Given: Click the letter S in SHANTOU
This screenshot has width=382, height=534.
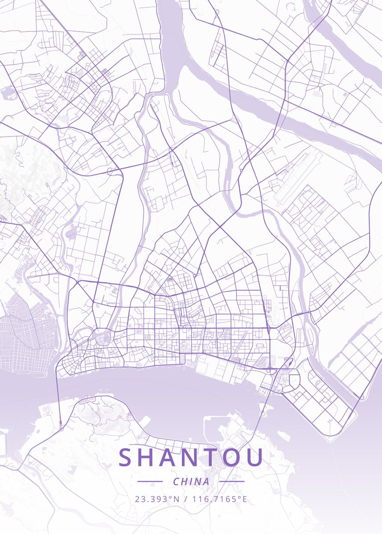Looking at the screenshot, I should [127, 457].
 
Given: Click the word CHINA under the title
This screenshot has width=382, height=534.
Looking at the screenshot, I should [191, 481].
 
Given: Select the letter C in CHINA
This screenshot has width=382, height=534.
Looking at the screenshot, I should [176, 481].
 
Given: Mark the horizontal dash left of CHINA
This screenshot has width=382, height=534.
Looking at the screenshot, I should [150, 481].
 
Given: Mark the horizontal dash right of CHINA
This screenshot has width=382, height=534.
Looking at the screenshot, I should [232, 481].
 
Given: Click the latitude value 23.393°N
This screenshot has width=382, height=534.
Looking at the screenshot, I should [157, 499].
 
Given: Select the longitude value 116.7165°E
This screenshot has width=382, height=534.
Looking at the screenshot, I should [219, 499].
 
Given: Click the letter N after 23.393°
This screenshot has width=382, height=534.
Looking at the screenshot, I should [177, 499].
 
